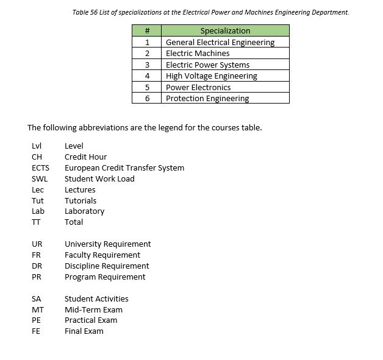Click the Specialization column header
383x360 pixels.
point(225,31)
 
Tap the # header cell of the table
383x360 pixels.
point(147,31)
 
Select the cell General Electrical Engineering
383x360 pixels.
point(220,42)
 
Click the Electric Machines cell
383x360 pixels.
point(198,54)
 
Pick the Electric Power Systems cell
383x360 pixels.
point(207,65)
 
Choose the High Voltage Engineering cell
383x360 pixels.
point(211,76)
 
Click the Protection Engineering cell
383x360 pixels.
point(207,99)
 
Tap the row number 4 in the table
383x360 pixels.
point(147,76)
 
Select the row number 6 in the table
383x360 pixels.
point(147,99)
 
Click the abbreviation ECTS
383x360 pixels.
point(40,168)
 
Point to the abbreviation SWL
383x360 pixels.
point(39,178)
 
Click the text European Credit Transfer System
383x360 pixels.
point(124,168)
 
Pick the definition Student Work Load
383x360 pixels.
point(99,178)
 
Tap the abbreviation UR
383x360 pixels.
point(37,244)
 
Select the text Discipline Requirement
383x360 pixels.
point(107,266)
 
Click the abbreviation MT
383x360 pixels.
point(37,309)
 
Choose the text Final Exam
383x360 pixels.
point(84,331)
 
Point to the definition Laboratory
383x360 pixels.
point(84,211)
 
